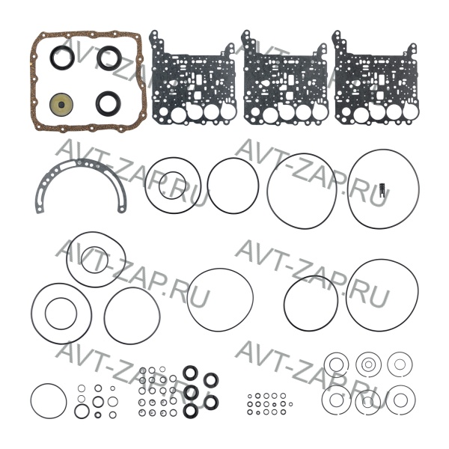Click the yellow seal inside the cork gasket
[x=61, y=104]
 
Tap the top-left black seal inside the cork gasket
[x=52, y=58]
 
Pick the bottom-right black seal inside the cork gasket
[x=98, y=103]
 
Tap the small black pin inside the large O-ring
[x=382, y=190]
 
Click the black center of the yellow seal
[x=61, y=105]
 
